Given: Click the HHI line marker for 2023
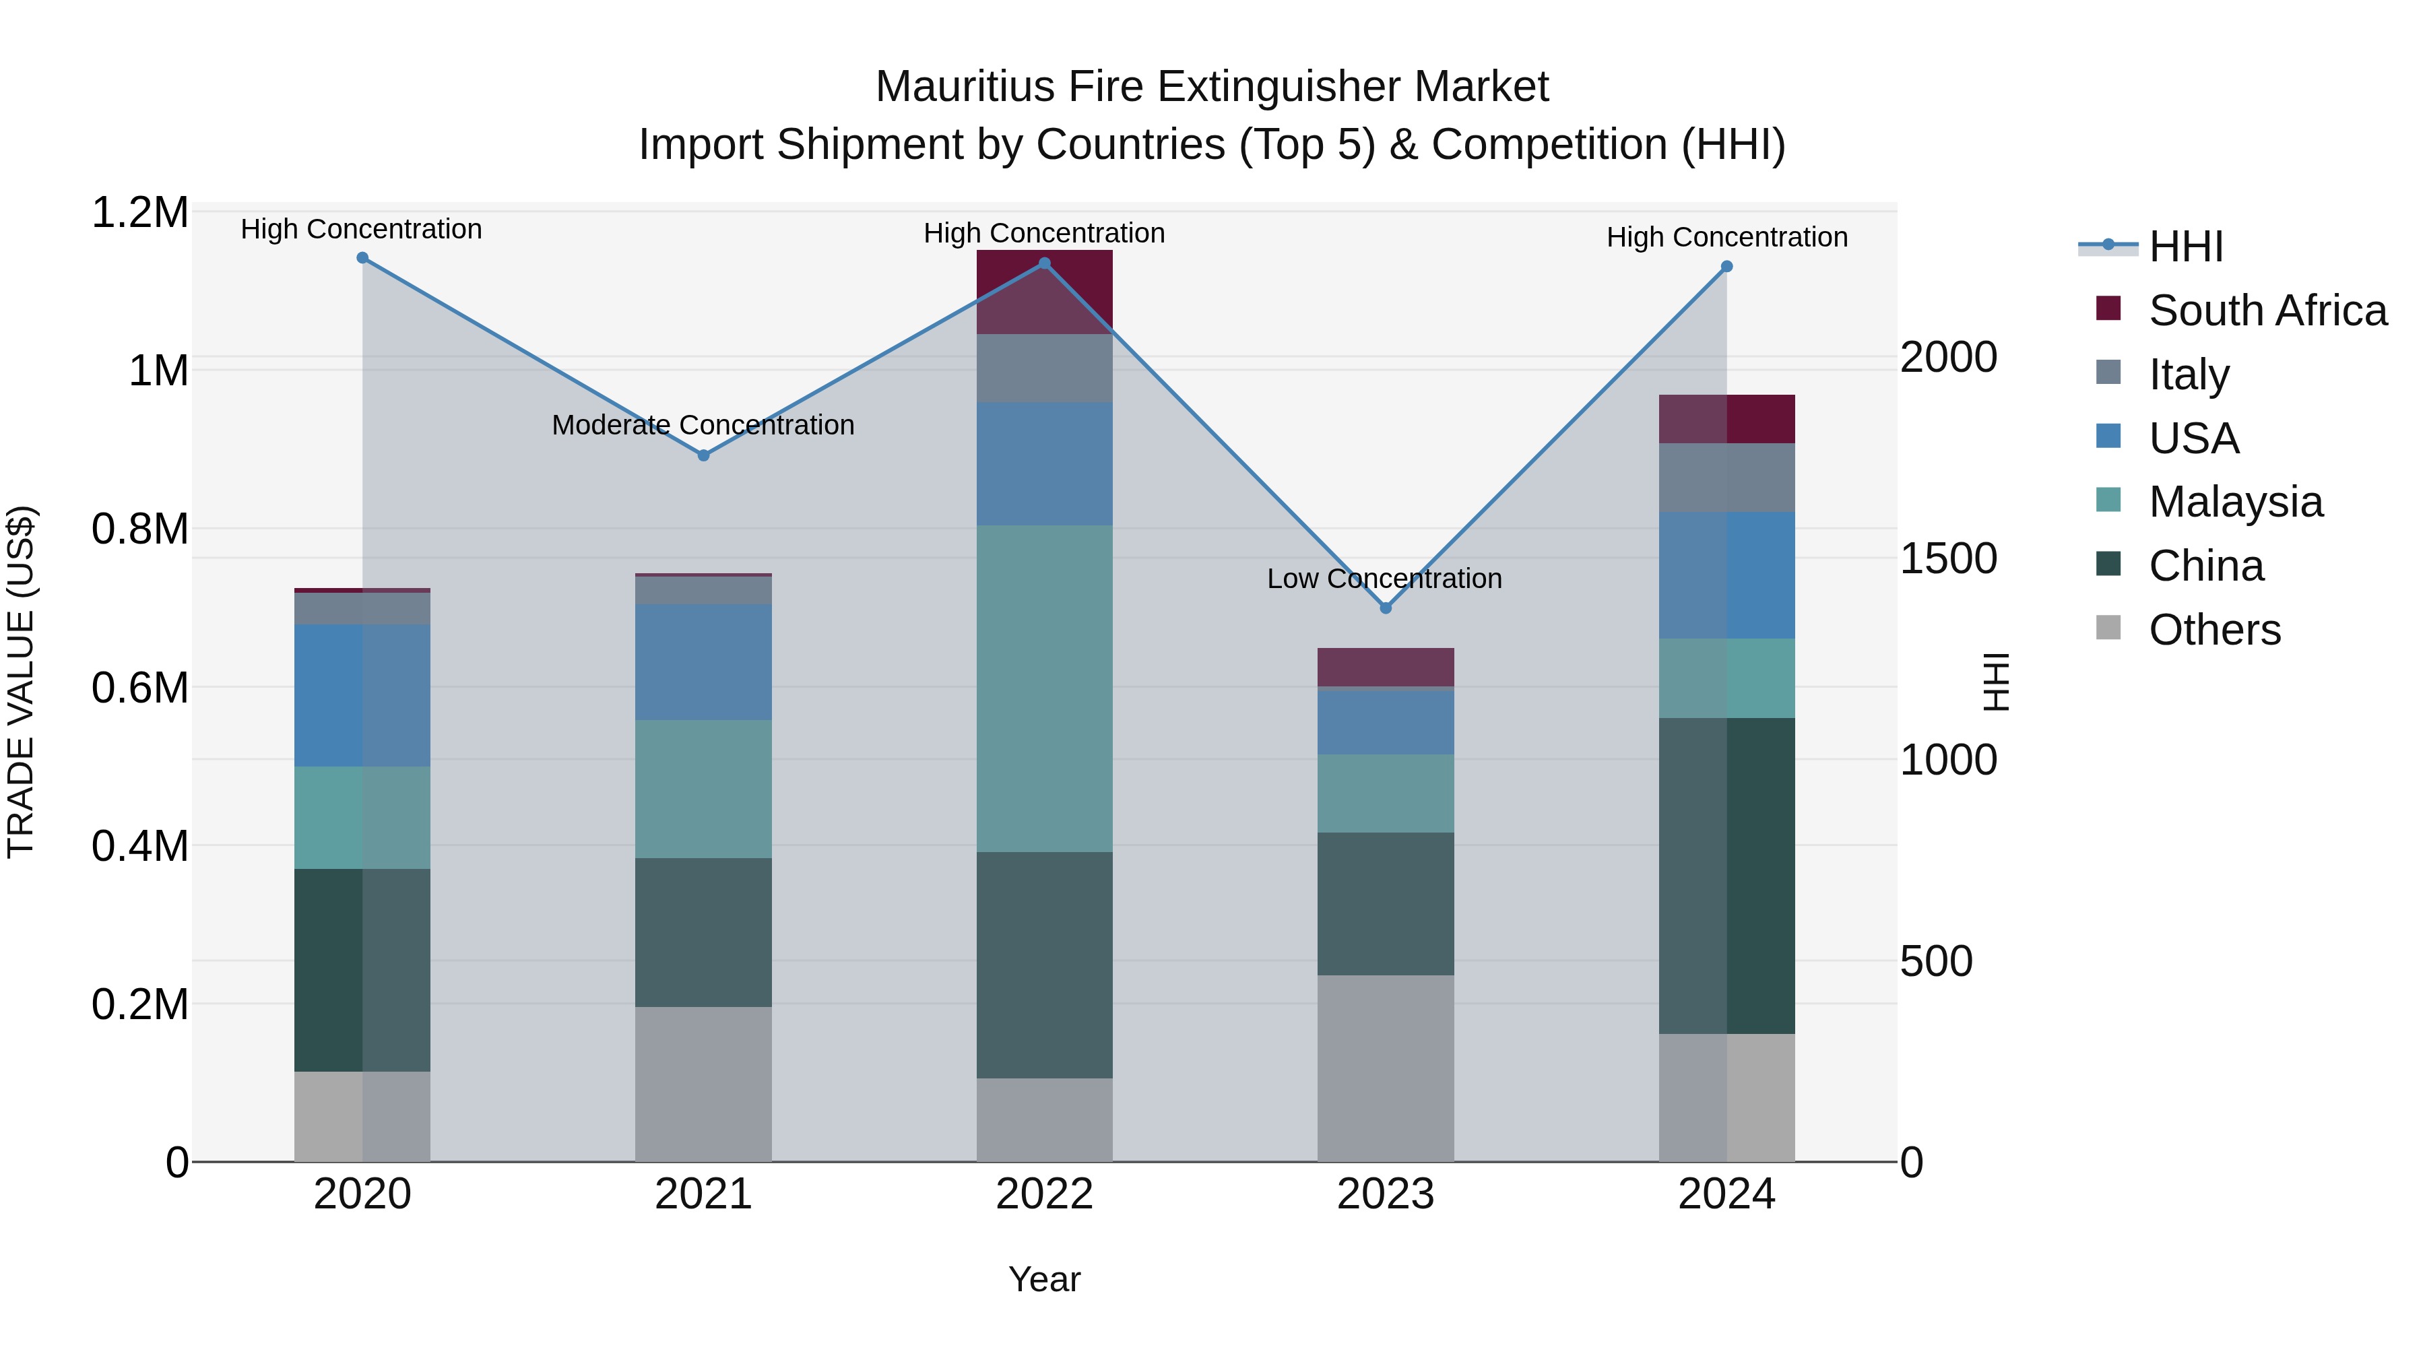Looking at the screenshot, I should click(1385, 608).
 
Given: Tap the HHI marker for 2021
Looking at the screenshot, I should click(703, 455).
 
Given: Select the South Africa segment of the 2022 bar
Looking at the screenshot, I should click(1044, 292).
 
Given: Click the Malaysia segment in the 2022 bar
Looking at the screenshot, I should click(1044, 688).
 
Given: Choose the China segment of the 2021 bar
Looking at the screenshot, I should click(703, 932).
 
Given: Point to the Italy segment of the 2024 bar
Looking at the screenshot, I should click(1726, 478).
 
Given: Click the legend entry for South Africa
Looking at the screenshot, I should click(2267, 311).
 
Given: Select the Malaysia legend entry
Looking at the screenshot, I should click(2235, 502).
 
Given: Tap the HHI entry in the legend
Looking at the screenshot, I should click(2185, 247).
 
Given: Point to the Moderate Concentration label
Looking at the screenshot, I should click(703, 426).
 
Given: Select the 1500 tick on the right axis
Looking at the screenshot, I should click(1947, 559).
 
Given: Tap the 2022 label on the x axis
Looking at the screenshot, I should click(1044, 1194).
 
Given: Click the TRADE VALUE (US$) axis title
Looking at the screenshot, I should click(21, 682).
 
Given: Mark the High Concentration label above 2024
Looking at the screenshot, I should click(1726, 237).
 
